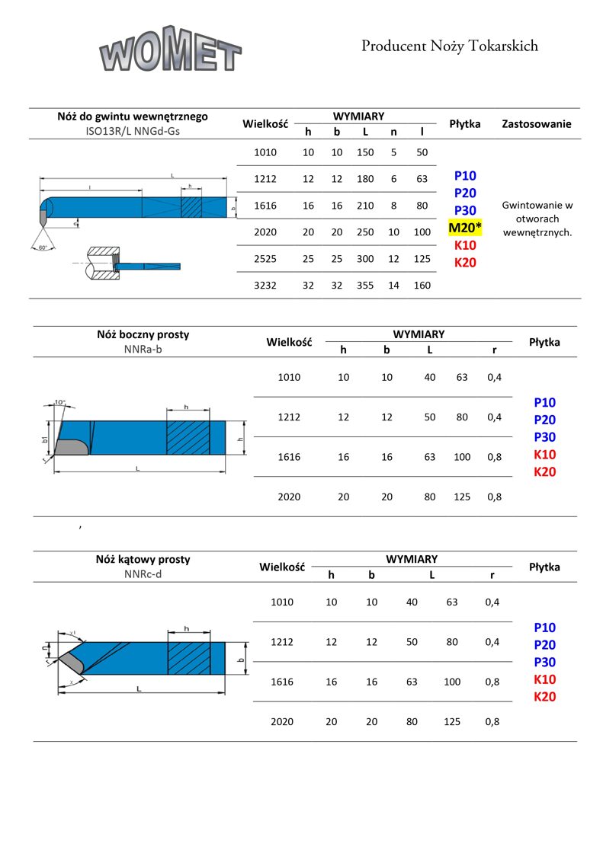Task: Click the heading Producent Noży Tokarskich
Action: coord(450,46)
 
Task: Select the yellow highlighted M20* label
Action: coord(465,228)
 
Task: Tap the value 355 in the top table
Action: coord(365,286)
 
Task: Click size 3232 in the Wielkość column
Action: coord(265,286)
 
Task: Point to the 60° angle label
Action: coord(43,248)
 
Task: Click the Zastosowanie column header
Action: coord(536,123)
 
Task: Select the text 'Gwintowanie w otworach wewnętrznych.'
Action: coord(537,219)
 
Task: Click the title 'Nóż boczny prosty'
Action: coord(143,334)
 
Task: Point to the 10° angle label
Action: coord(60,402)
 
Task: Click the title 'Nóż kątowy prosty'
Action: coord(143,559)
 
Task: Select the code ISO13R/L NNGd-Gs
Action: coord(133,130)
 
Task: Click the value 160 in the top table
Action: coord(422,286)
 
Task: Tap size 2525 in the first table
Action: coord(265,259)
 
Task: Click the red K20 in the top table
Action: coord(465,263)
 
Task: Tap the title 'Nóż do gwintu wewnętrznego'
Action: coord(133,117)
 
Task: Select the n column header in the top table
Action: coord(393,132)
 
